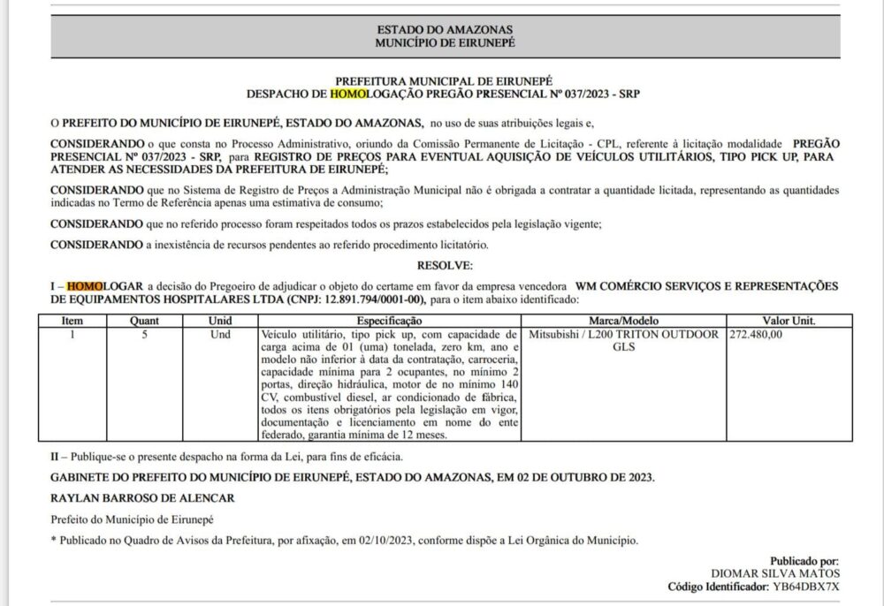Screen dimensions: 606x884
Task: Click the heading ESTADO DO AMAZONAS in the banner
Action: coord(445,29)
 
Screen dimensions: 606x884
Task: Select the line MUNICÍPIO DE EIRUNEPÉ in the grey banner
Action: coord(445,42)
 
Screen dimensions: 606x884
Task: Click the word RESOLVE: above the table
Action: coord(445,265)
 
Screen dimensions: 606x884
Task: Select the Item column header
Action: coord(72,321)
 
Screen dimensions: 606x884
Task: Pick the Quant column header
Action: coord(144,321)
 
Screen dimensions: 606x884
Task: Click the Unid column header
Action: coord(220,321)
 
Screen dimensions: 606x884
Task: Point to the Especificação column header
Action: coord(389,321)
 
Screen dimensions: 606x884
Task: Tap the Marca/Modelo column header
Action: coord(623,321)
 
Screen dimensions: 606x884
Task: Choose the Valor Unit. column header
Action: coord(789,321)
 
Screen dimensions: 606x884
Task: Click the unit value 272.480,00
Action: coord(757,334)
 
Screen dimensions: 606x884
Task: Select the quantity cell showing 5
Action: coord(144,334)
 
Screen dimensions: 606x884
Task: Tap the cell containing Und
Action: coord(220,334)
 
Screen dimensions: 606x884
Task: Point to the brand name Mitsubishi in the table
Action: coord(555,334)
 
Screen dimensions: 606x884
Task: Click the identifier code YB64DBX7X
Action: coord(806,587)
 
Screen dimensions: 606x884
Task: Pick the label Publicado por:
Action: coord(804,561)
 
